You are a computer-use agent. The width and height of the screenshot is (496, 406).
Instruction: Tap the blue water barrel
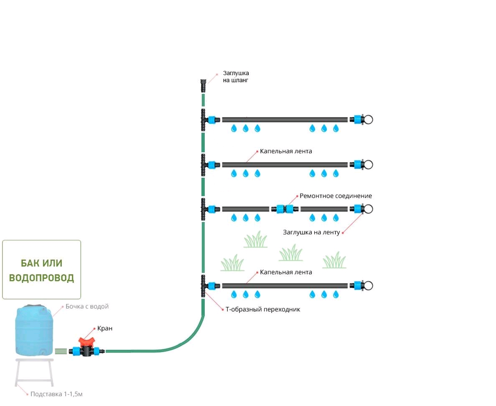[x=35, y=330]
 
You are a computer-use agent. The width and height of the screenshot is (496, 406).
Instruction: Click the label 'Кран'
[x=105, y=328]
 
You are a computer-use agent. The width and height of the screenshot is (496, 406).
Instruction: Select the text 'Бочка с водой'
[x=87, y=306]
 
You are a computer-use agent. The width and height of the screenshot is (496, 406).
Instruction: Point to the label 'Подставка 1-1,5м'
[x=56, y=394]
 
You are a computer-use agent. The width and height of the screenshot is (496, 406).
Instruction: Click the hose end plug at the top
[x=203, y=85]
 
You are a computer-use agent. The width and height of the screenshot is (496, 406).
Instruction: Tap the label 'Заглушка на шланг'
[x=236, y=76]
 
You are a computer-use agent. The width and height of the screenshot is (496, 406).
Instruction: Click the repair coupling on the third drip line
[x=285, y=209]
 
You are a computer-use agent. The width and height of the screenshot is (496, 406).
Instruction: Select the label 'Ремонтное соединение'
[x=336, y=196]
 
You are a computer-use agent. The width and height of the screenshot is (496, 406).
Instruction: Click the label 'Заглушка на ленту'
[x=311, y=232]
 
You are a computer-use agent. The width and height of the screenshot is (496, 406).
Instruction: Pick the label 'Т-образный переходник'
[x=262, y=309]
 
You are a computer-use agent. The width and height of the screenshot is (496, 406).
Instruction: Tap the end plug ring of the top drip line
[x=368, y=120]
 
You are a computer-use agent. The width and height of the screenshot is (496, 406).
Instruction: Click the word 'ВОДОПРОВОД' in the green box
[x=41, y=278]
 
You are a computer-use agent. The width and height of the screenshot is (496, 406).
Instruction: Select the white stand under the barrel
[x=35, y=373]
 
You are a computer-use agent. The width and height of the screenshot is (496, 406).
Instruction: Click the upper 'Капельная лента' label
[x=286, y=151]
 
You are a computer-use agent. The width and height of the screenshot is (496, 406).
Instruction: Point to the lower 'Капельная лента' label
[x=286, y=272]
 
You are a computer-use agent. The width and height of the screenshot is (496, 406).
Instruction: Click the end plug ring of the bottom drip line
[x=368, y=286]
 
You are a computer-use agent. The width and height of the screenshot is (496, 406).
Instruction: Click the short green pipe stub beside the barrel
[x=60, y=351]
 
